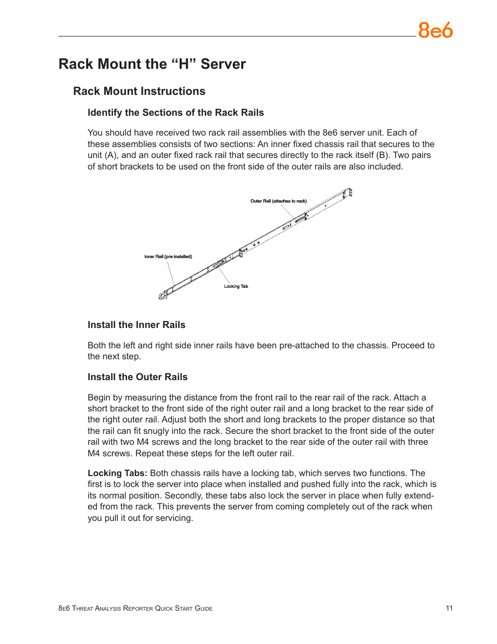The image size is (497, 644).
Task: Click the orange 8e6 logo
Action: tap(435, 31)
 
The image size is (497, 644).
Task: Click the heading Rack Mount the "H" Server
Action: tap(152, 64)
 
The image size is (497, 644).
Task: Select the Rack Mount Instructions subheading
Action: tap(139, 91)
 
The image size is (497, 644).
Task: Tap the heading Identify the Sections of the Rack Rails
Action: tap(176, 113)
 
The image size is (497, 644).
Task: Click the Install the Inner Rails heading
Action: tap(136, 325)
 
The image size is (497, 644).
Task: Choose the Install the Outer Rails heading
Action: tap(138, 377)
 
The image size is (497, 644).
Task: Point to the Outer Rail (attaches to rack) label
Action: tap(278, 201)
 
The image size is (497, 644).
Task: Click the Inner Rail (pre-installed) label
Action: tap(168, 257)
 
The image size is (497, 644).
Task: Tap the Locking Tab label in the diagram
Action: tap(236, 286)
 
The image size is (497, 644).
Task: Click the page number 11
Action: tap(449, 608)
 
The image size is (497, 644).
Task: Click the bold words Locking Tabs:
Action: tap(117, 473)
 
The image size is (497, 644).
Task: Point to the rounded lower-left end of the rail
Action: tap(163, 296)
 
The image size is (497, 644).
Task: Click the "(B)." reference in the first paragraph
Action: tap(383, 155)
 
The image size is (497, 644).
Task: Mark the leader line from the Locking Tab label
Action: tap(223, 275)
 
